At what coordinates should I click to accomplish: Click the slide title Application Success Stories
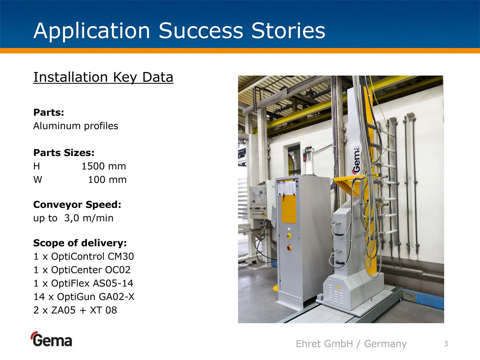coord(179,31)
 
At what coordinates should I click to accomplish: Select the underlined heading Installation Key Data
coord(103,77)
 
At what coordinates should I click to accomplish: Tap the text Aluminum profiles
coord(76,126)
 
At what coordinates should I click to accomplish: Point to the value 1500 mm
coord(104,166)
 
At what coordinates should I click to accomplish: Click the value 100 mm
coord(107,180)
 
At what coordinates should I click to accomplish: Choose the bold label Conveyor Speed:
coord(77,205)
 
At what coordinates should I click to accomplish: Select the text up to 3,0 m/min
coord(73,218)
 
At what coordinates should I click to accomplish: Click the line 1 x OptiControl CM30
coord(84,256)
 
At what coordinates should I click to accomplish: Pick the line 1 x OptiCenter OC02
coord(82,270)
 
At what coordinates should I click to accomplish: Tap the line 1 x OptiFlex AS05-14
coord(83,283)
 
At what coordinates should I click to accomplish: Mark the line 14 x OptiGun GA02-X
coord(84,297)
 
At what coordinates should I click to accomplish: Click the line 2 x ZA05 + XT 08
coord(75,310)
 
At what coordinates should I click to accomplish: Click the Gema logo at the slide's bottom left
coord(51,339)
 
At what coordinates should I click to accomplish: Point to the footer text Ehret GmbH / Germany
coord(351,344)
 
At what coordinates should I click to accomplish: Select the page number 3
coord(446,344)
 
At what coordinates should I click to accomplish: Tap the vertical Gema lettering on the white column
coord(356,160)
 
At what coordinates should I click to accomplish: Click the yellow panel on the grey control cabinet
coord(289,208)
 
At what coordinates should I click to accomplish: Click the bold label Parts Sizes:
coord(64,153)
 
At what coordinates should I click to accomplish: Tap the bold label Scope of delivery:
coord(80,243)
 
